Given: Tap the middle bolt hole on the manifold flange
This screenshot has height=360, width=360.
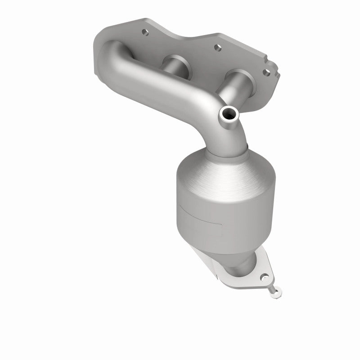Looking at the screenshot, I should click(216, 47).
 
